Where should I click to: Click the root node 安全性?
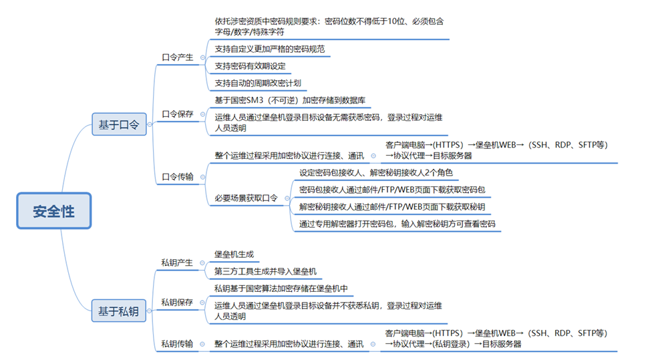coord(53,212)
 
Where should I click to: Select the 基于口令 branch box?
coord(118,124)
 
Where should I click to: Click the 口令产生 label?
coord(178,57)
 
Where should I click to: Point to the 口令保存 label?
coord(178,114)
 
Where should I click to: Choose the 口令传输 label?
coord(178,177)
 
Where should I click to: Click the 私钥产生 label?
coord(177,262)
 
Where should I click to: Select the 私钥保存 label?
coord(177,302)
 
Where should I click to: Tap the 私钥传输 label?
coord(177,344)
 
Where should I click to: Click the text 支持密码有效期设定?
coord(250,66)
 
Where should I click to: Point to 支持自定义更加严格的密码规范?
coord(269,49)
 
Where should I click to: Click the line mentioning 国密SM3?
coord(290,100)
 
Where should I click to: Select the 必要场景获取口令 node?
coord(246,198)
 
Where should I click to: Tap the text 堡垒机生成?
coord(234,254)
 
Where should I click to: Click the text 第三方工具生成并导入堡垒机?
coord(265,271)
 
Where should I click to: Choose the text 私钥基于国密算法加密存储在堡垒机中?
coord(281,289)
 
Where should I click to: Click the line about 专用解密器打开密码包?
coord(397,224)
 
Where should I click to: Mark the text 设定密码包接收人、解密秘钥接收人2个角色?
coord(376,172)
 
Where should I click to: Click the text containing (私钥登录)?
coord(454,344)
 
